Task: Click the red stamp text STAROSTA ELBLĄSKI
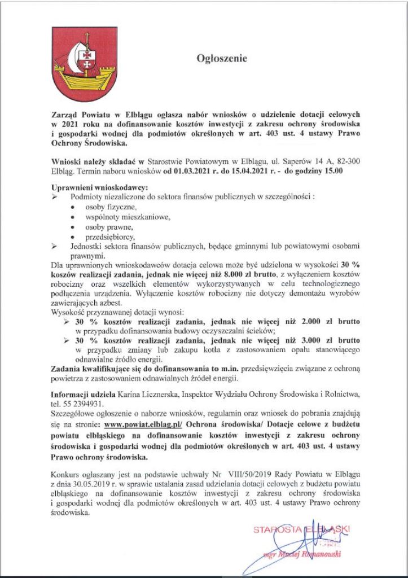pos(301,529)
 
